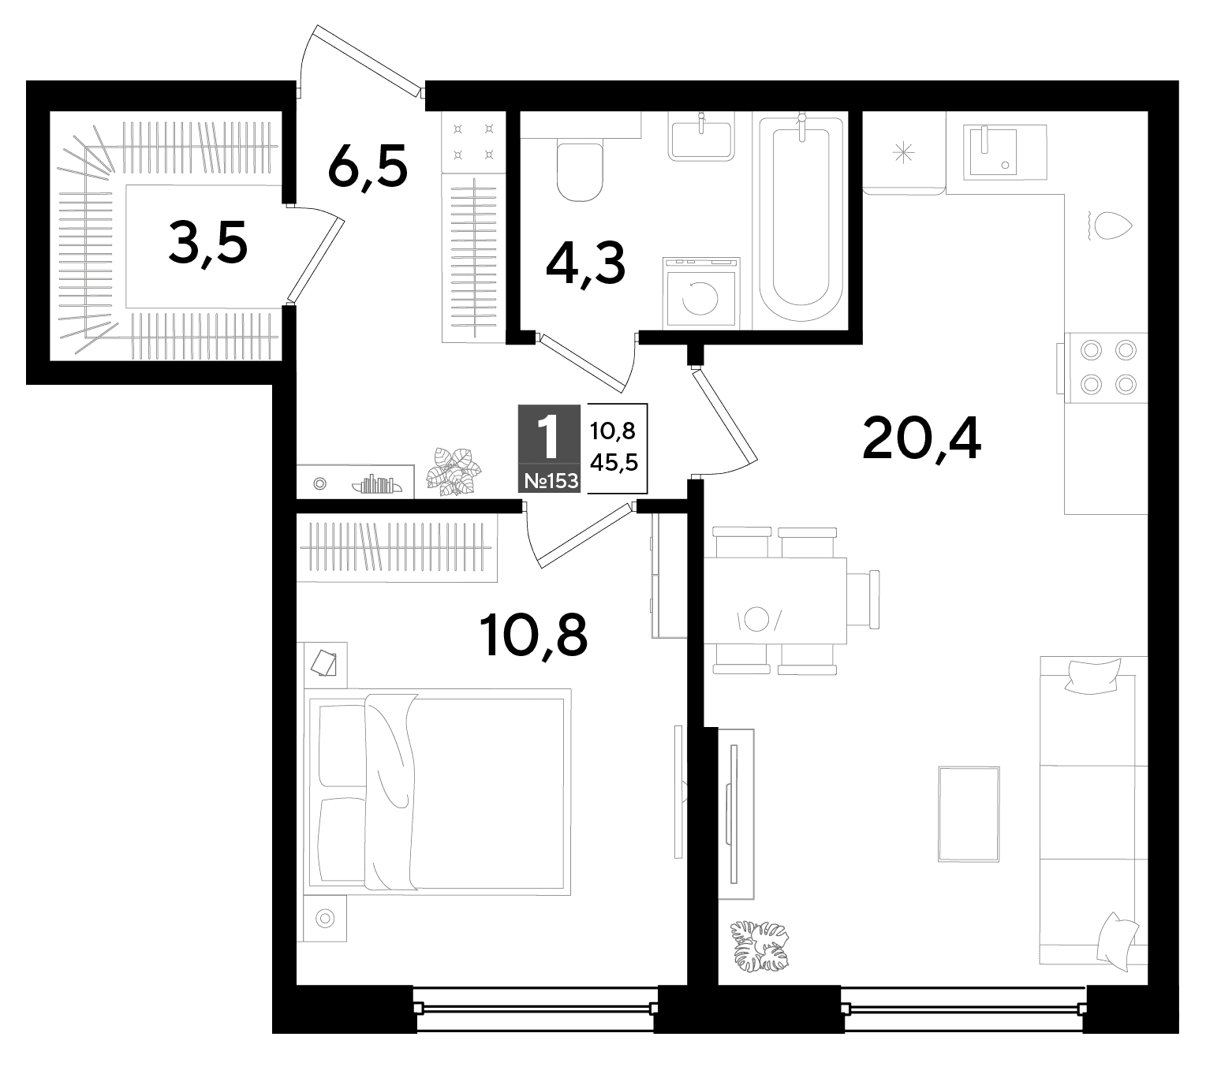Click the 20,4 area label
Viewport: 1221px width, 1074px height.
[x=921, y=441]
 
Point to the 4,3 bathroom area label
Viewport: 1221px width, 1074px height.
[x=586, y=265]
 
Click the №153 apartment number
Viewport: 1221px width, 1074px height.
[x=551, y=480]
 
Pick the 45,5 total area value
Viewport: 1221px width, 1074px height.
[x=614, y=462]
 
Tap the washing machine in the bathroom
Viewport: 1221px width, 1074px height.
[x=701, y=293]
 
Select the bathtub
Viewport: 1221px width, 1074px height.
[x=801, y=218]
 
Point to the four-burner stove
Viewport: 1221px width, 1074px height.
[x=1107, y=367]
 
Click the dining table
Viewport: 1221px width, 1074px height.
[x=775, y=600]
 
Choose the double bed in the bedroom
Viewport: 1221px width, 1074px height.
[x=438, y=792]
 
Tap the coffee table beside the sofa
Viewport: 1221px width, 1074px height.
[x=969, y=814]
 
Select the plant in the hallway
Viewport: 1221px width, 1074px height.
[x=454, y=471]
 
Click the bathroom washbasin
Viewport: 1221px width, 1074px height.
[x=701, y=140]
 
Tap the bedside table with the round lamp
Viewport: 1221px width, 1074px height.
[x=325, y=919]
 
